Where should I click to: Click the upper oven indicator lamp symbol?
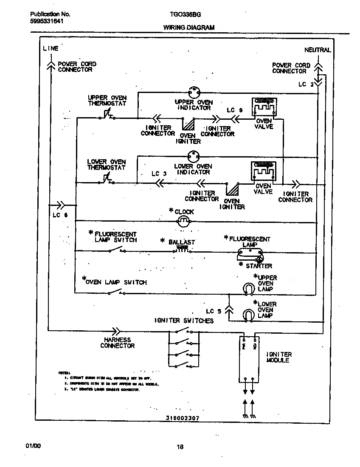pos(194,93)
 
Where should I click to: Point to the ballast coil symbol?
pos(182,250)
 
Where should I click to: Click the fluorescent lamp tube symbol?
pos(250,254)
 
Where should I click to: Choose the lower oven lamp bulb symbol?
pos(247,315)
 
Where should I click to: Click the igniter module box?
pos(248,359)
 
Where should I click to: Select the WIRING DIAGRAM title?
pos(189,28)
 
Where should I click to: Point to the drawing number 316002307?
pos(183,418)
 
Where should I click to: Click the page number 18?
pos(180,446)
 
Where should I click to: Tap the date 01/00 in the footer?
pos(33,446)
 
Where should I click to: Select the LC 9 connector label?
pos(234,110)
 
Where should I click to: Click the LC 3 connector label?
pos(159,174)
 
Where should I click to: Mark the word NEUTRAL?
pos(317,50)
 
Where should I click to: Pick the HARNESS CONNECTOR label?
pos(118,343)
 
